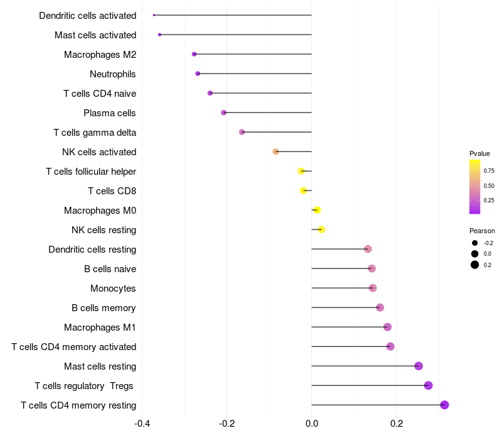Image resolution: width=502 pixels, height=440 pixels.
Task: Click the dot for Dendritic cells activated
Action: pyautogui.click(x=154, y=15)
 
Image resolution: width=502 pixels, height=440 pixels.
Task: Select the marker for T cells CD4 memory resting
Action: pyautogui.click(x=444, y=405)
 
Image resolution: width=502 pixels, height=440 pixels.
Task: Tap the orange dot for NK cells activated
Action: pyautogui.click(x=275, y=151)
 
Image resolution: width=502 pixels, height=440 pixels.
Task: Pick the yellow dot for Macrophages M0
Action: pyautogui.click(x=317, y=210)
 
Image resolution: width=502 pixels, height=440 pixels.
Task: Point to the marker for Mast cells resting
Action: pyautogui.click(x=419, y=366)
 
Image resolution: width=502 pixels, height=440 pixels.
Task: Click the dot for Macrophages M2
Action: pyautogui.click(x=194, y=54)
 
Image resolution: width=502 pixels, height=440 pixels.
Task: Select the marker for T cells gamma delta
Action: pyautogui.click(x=242, y=132)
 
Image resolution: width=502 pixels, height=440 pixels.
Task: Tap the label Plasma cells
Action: pyautogui.click(x=110, y=113)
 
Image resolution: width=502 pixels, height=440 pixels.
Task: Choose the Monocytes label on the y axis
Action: pyautogui.click(x=113, y=289)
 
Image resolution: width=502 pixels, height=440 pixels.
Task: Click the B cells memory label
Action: pyautogui.click(x=104, y=308)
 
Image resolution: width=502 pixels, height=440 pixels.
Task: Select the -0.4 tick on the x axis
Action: pyautogui.click(x=142, y=423)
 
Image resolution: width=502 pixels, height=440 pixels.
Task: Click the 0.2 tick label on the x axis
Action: pyautogui.click(x=397, y=423)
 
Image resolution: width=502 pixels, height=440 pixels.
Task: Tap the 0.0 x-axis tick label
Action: pyautogui.click(x=312, y=423)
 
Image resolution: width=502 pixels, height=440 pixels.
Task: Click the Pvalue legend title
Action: pyautogui.click(x=479, y=153)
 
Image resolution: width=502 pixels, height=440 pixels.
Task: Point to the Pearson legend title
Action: pyautogui.click(x=482, y=231)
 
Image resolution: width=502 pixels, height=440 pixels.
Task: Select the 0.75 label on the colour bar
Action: pyautogui.click(x=489, y=170)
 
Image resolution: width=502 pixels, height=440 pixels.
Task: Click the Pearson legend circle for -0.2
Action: pyautogui.click(x=475, y=243)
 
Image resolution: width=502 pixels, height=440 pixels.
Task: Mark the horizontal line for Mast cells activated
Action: pyautogui.click(x=235, y=35)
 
